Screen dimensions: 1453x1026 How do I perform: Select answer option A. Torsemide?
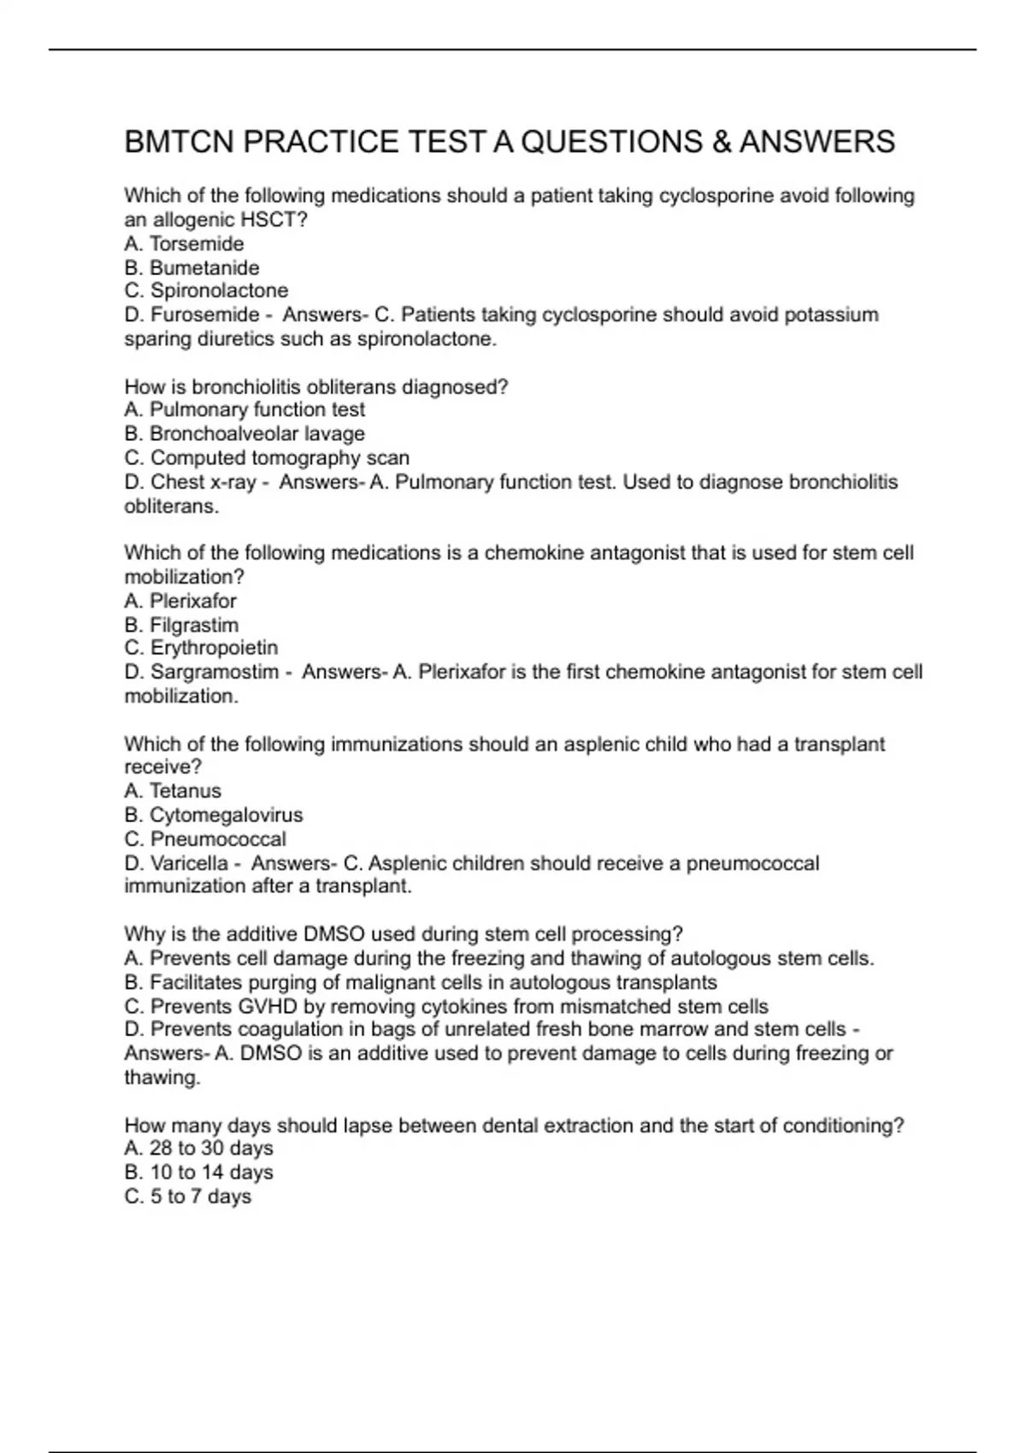pos(184,244)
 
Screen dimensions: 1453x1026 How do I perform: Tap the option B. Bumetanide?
pos(192,268)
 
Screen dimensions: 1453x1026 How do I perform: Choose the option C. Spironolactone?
pos(206,291)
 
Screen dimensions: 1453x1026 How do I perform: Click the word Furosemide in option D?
pos(204,315)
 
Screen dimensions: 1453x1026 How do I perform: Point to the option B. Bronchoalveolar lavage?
pos(245,434)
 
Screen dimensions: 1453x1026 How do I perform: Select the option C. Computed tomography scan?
pos(267,458)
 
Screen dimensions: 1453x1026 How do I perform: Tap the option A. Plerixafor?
pos(180,601)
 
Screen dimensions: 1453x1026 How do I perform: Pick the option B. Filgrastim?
pos(181,625)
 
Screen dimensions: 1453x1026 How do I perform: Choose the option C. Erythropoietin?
pos(201,648)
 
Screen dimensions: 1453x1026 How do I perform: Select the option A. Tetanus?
pos(173,791)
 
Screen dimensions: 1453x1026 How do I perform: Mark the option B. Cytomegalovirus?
pos(214,815)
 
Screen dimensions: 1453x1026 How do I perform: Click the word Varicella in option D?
pos(189,863)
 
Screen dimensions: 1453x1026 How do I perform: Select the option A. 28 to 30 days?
pos(198,1148)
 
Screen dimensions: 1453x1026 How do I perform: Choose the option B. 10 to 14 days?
pos(198,1172)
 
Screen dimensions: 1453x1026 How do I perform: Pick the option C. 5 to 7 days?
pos(188,1196)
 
